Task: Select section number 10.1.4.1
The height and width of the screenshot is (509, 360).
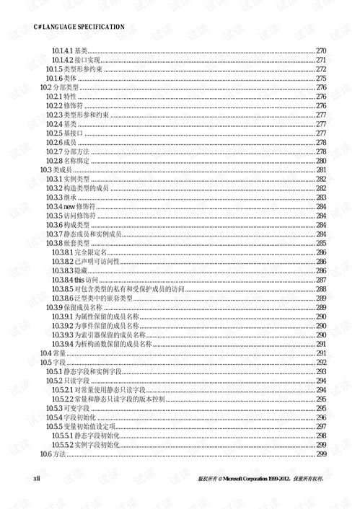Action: tap(63, 50)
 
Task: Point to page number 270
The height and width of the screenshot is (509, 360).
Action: tap(321, 50)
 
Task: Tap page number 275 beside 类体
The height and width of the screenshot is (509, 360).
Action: tap(321, 78)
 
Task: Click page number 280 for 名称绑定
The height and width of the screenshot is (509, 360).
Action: tap(321, 161)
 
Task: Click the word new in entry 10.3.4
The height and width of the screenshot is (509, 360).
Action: tap(74, 206)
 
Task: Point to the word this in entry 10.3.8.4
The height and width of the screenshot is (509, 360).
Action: tap(79, 280)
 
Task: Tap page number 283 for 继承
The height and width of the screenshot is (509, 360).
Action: tap(321, 197)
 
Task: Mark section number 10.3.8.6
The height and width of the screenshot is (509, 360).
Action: tap(63, 298)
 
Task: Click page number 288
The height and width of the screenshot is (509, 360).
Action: tap(321, 288)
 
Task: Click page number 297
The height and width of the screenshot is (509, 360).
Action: tap(321, 426)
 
